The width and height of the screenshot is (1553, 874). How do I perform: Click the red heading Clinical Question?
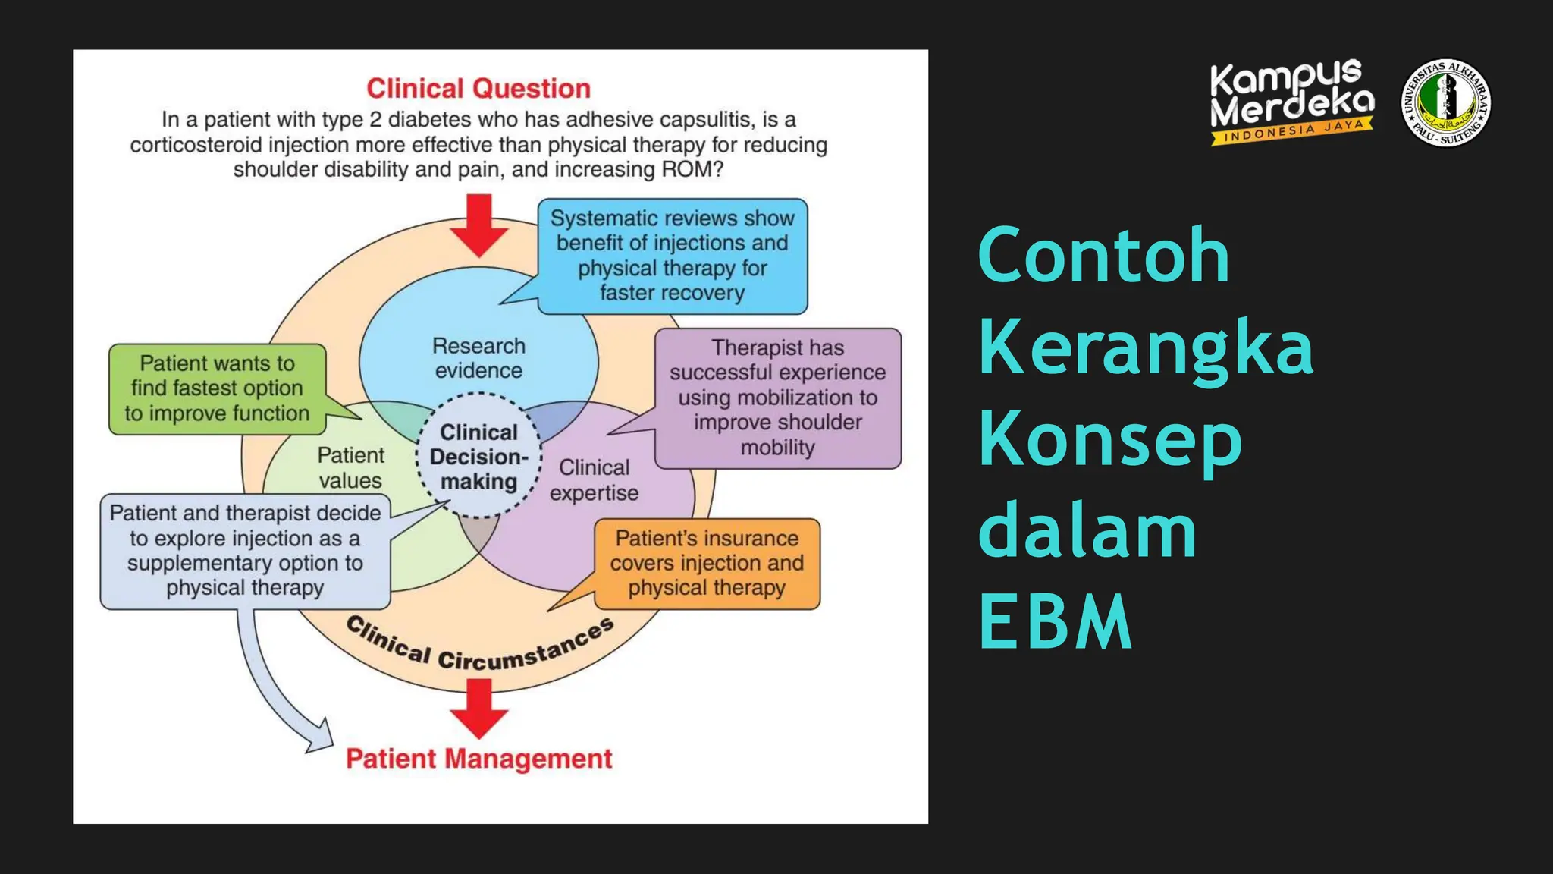click(478, 89)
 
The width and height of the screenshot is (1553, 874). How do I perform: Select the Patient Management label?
click(478, 759)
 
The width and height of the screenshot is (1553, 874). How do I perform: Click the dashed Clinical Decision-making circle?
click(478, 457)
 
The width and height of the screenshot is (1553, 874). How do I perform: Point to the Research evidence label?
click(478, 358)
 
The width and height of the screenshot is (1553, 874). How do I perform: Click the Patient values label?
click(350, 467)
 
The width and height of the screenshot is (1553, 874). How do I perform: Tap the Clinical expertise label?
click(594, 479)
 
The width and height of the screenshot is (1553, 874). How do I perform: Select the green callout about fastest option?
click(218, 388)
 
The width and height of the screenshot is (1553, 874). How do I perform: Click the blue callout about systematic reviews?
click(672, 256)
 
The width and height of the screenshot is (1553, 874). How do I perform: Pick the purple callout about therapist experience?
click(777, 398)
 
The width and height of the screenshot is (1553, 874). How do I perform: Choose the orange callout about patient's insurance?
click(707, 563)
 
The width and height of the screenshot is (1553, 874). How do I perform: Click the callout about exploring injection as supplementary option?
click(245, 551)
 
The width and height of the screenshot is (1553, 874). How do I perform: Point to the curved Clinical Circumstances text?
click(478, 649)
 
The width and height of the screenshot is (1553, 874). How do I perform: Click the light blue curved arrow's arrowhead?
click(322, 737)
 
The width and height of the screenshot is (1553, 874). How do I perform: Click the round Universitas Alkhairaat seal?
click(1445, 102)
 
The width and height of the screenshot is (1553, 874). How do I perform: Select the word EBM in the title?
click(1055, 622)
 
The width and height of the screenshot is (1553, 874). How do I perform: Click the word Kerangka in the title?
click(1145, 347)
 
